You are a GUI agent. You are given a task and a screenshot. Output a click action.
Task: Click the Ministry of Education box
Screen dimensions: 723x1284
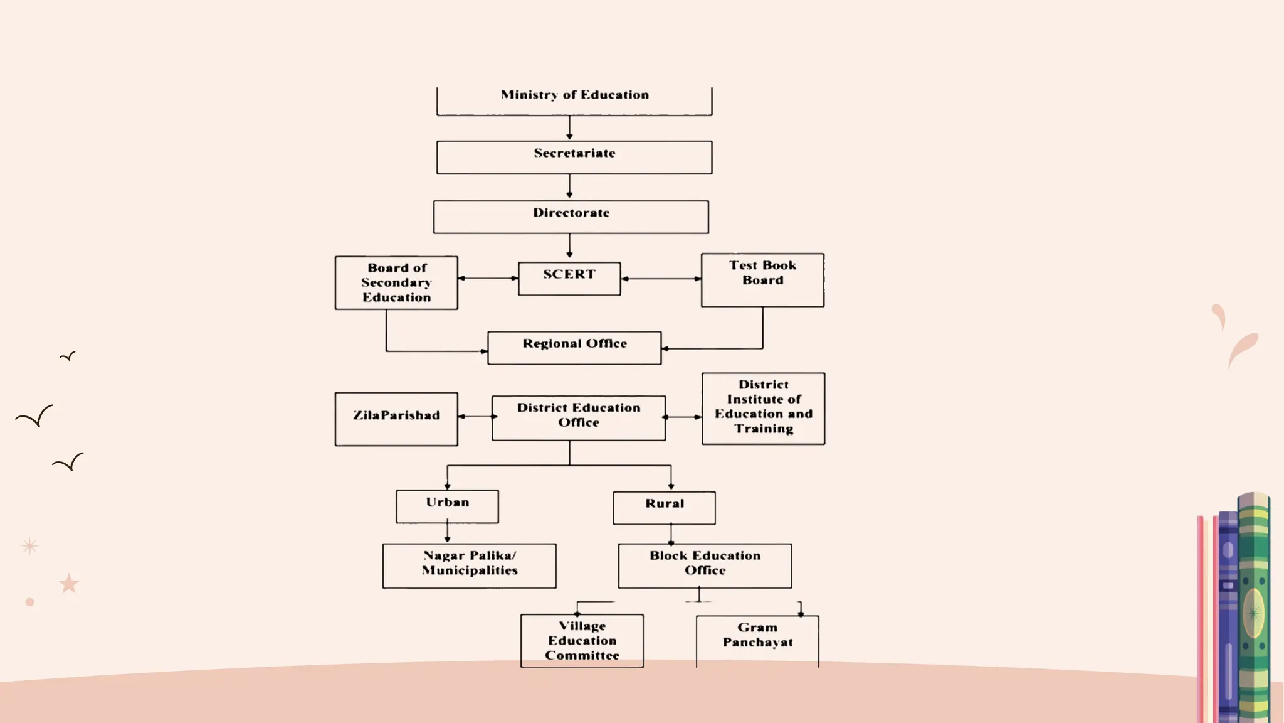(574, 100)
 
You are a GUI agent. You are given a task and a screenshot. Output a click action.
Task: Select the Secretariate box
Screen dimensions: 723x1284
(574, 157)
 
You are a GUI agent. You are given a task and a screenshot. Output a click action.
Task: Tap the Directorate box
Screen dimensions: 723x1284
(571, 217)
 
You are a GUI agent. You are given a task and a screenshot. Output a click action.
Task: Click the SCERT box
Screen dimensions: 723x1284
(569, 279)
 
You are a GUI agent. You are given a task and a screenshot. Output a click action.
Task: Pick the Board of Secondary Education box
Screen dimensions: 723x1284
(396, 282)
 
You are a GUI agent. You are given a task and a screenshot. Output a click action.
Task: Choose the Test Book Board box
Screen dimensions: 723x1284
(762, 280)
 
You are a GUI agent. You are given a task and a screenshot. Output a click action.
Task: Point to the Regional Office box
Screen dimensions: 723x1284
(574, 348)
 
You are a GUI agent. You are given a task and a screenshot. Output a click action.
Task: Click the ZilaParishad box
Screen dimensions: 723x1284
(396, 419)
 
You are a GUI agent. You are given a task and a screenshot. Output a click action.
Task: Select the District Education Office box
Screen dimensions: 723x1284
(579, 418)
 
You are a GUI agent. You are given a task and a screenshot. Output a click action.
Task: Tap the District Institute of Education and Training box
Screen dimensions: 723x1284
(764, 409)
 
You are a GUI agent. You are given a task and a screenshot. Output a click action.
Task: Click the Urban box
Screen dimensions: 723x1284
(447, 506)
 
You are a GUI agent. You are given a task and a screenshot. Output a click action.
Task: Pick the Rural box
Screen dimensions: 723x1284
(664, 508)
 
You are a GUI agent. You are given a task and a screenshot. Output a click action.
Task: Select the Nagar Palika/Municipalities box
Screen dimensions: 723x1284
(469, 565)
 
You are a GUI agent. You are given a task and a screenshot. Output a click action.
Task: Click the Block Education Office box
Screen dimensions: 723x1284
(705, 565)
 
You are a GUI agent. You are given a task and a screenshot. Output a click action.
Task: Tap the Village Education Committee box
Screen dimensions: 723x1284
(582, 641)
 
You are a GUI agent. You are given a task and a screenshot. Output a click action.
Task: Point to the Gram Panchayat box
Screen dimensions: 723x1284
(757, 640)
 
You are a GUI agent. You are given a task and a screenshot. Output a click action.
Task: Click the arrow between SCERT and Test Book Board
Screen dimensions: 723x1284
(661, 279)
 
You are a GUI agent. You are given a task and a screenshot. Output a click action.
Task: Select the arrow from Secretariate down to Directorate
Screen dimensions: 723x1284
(569, 186)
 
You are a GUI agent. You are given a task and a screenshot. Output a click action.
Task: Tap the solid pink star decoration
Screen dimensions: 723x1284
(69, 584)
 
